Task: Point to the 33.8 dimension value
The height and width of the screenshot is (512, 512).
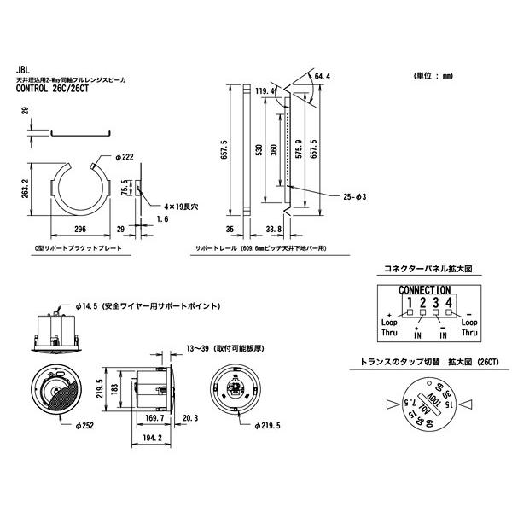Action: tap(274, 230)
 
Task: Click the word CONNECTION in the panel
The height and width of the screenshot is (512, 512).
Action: tap(418, 290)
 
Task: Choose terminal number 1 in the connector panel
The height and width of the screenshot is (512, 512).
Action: tap(410, 301)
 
